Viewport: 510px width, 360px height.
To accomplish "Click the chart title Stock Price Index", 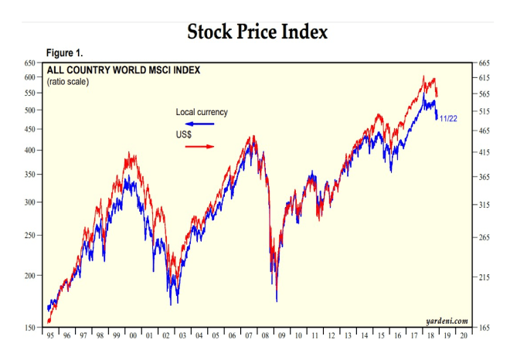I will (x=258, y=32).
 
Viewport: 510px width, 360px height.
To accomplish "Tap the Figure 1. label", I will (x=65, y=53).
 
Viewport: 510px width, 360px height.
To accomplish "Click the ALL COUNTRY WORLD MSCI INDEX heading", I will (x=124, y=70).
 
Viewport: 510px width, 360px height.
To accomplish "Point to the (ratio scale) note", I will (x=68, y=82).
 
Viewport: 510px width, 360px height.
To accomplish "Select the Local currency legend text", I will (x=202, y=113).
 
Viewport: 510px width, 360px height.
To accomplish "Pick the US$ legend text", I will (x=185, y=134).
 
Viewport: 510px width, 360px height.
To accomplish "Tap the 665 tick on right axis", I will (x=485, y=63).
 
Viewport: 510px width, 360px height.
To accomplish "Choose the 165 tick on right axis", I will (x=485, y=328).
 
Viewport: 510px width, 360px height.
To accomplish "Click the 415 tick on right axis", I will (x=485, y=153).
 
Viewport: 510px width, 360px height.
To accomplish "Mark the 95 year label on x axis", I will (x=51, y=337).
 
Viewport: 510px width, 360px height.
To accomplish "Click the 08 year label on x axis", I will (x=264, y=337).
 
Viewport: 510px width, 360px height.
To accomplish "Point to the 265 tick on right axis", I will (x=485, y=237).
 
